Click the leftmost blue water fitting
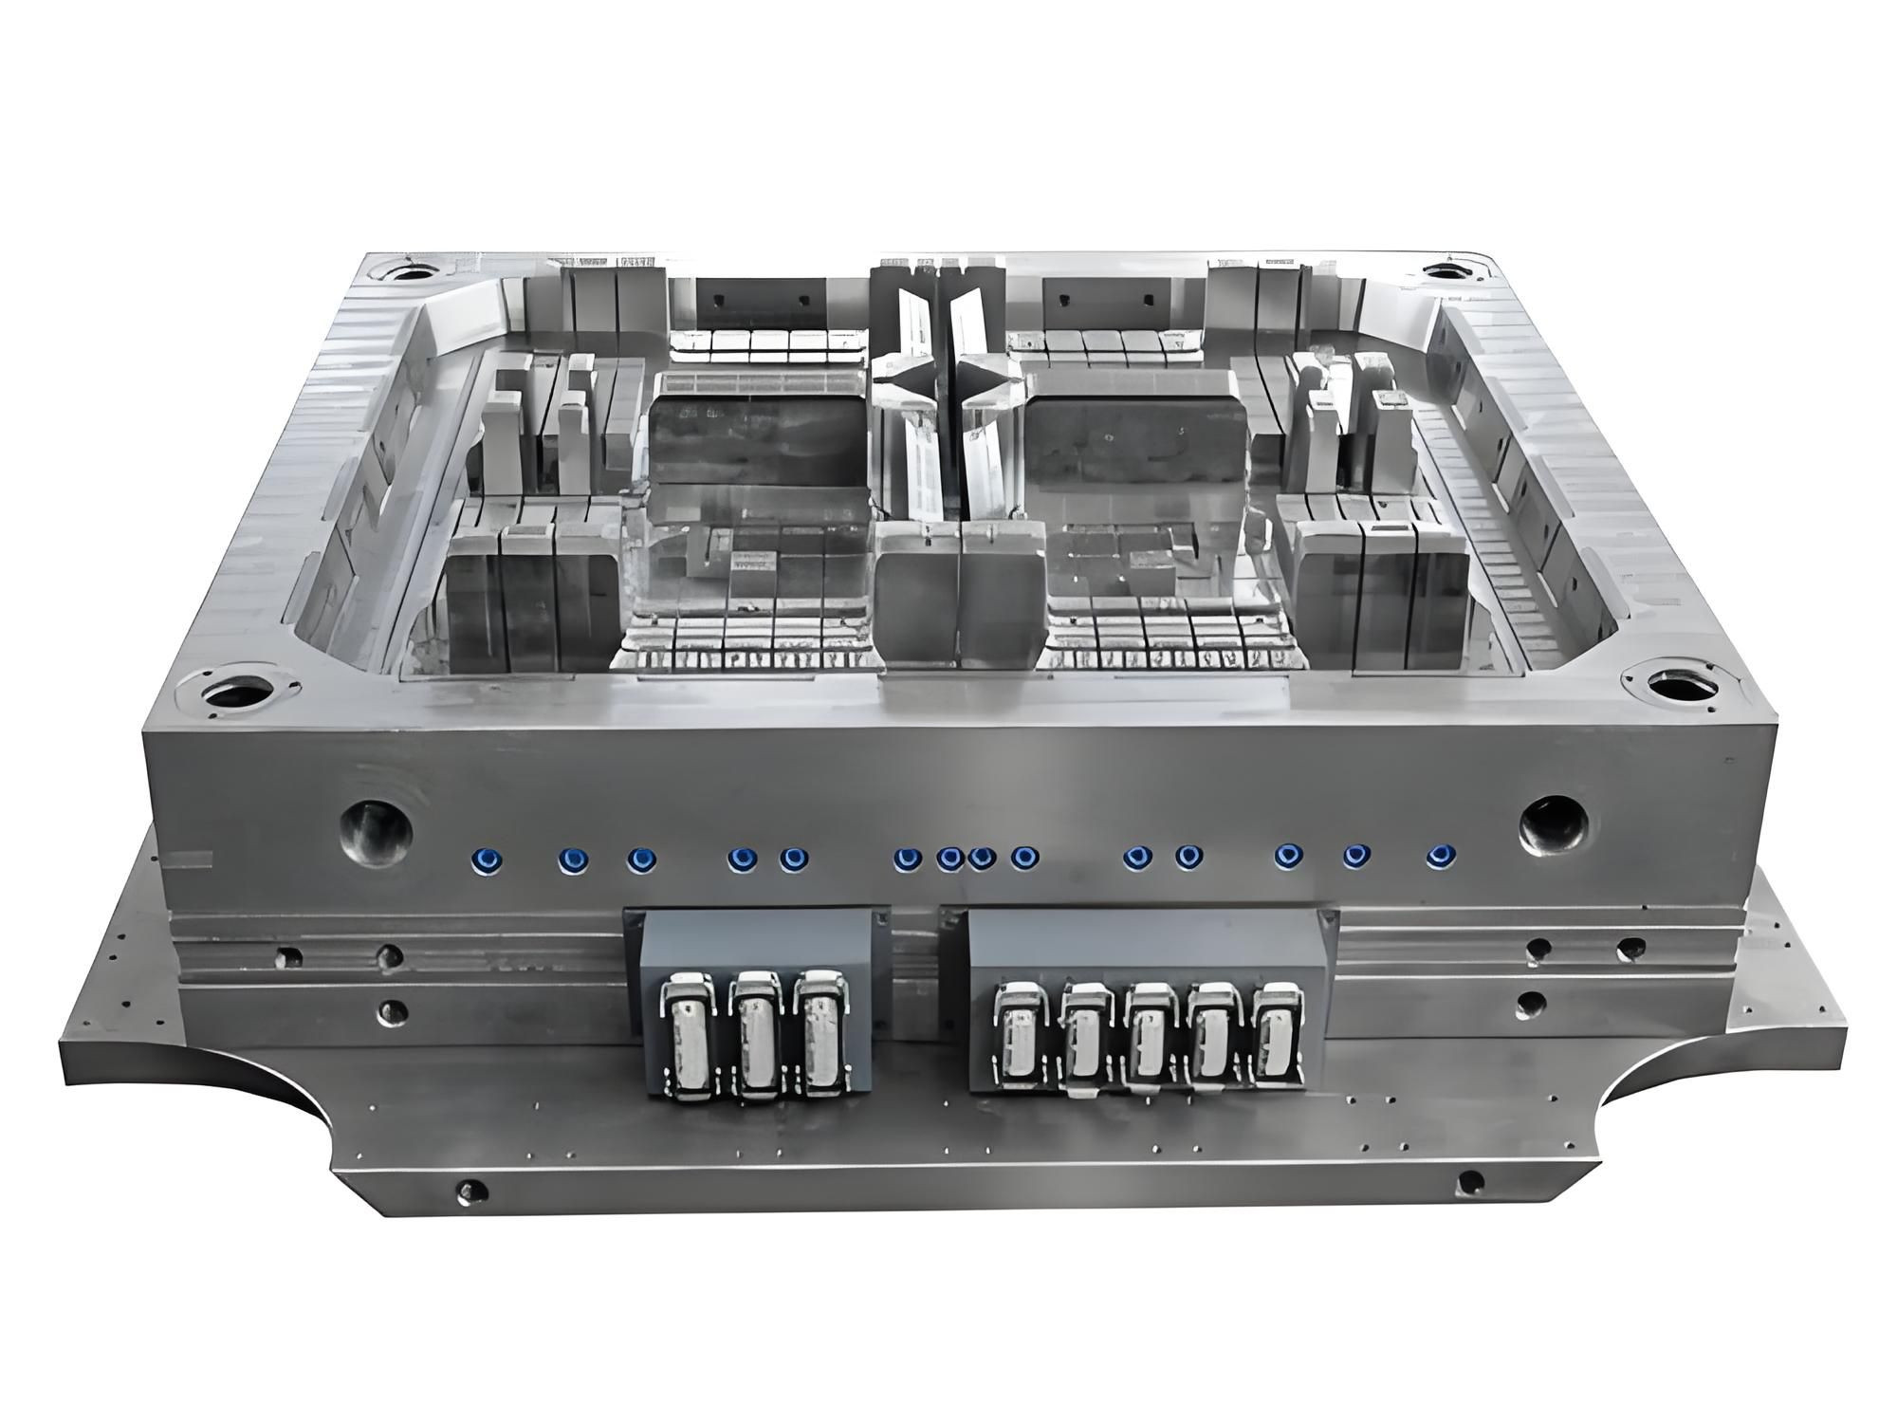pyautogui.click(x=487, y=859)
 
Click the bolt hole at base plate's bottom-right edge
pyautogui.click(x=1469, y=1183)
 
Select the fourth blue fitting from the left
pyautogui.click(x=741, y=859)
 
